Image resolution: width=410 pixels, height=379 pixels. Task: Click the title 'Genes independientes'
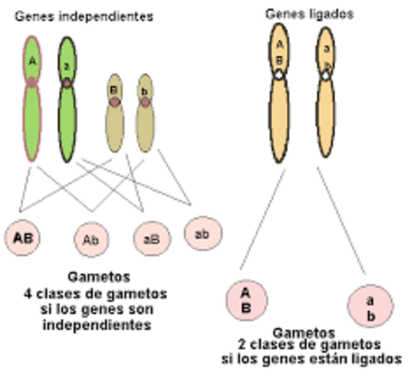pyautogui.click(x=84, y=16)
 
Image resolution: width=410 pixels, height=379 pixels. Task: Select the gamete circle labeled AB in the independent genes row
pyautogui.click(x=21, y=236)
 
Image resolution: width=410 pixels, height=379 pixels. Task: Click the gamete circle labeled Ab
pyautogui.click(x=92, y=238)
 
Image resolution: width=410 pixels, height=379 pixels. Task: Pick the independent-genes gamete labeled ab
pyautogui.click(x=202, y=233)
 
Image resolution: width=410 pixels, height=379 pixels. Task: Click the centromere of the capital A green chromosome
pyautogui.click(x=31, y=82)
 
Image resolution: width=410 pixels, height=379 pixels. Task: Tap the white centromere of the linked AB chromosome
pyautogui.click(x=279, y=73)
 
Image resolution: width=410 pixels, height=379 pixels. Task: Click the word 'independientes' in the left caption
pyautogui.click(x=95, y=325)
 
